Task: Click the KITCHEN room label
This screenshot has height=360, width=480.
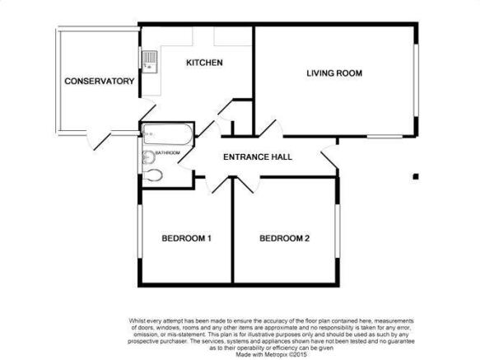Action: click(x=204, y=63)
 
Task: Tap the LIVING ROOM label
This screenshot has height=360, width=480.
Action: click(x=334, y=73)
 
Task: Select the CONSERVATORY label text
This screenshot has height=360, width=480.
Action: click(x=100, y=82)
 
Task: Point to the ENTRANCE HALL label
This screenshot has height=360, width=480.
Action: click(x=258, y=157)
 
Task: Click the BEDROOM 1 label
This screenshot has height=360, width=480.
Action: click(x=186, y=238)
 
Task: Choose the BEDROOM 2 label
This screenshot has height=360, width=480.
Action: click(x=284, y=238)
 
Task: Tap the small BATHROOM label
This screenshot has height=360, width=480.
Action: click(x=167, y=152)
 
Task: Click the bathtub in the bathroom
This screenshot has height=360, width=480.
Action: click(x=167, y=134)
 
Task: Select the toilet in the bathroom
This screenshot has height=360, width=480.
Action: click(x=152, y=175)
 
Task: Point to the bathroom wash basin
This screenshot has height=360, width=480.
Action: click(x=149, y=157)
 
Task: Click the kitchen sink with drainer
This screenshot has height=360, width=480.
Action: click(x=150, y=62)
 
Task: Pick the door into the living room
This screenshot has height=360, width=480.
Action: click(x=271, y=128)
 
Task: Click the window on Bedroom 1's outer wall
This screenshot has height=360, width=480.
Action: click(x=140, y=231)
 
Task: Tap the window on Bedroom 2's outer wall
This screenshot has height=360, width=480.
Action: click(x=338, y=231)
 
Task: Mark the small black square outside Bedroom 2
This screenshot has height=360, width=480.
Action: click(x=416, y=176)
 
